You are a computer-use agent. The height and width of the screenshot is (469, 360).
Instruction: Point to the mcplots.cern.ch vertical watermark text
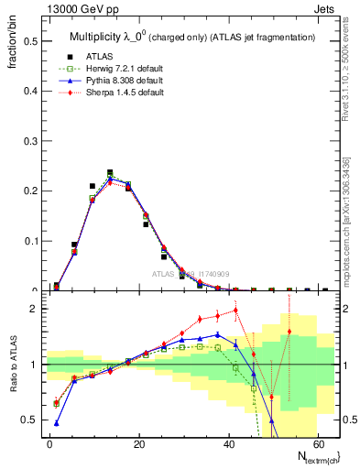tap(351, 211)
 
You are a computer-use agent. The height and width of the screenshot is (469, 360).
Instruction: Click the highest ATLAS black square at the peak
tap(110, 172)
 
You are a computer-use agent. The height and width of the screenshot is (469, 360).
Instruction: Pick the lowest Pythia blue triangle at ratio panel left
tap(57, 423)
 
